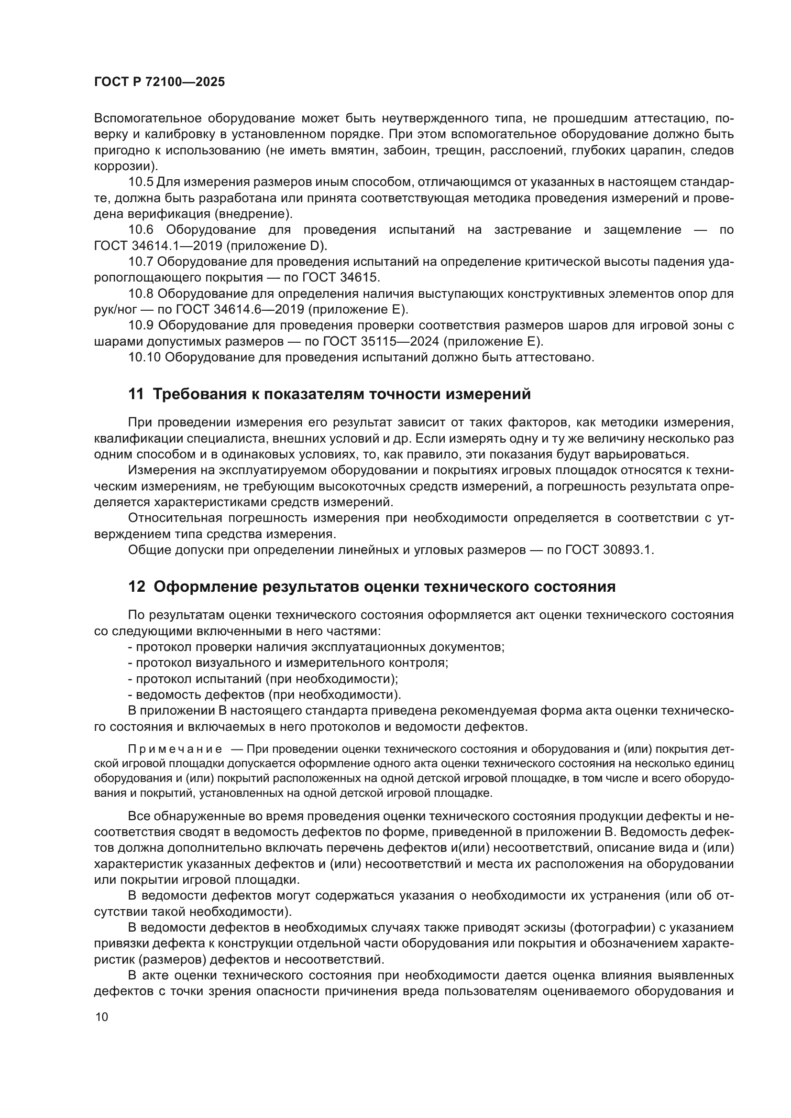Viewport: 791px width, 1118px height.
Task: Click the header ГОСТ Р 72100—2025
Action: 159,82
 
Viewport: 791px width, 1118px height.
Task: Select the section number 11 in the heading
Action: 136,394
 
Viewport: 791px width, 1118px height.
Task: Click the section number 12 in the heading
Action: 136,587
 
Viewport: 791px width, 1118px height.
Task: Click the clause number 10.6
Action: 141,230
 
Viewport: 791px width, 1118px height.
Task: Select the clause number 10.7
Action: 141,262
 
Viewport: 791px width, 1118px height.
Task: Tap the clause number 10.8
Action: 141,293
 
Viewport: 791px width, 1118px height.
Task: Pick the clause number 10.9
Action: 141,326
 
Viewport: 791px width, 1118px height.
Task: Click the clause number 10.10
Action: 144,357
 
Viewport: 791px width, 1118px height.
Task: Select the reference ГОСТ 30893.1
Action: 609,550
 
